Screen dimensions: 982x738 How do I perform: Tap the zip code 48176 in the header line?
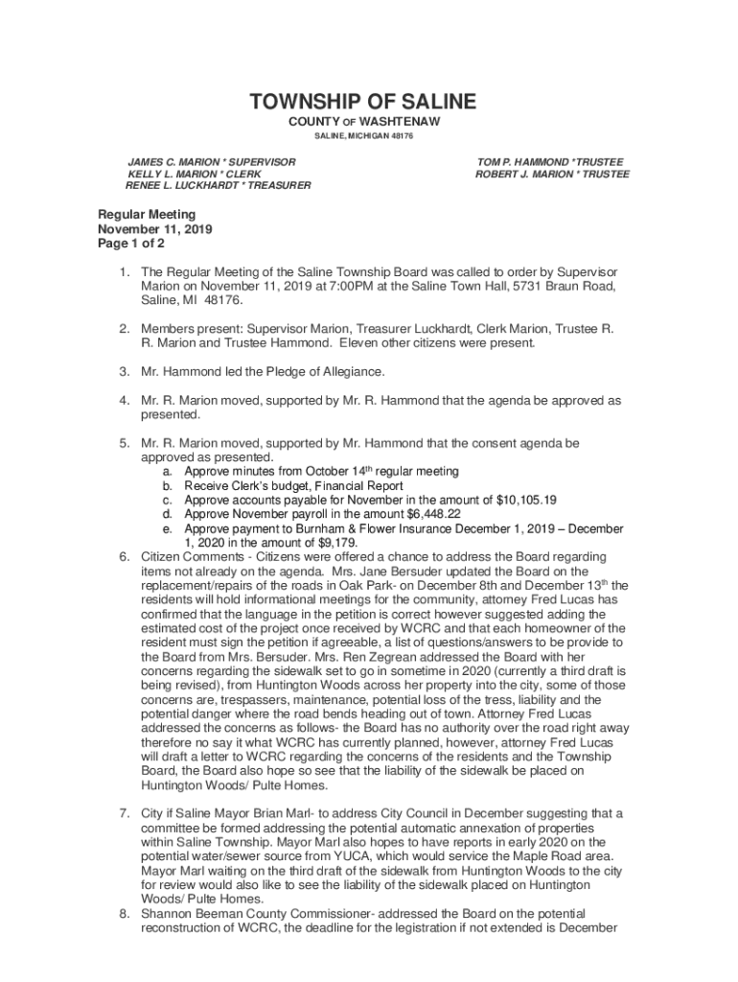400,136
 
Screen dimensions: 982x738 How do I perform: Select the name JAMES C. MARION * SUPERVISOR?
212,162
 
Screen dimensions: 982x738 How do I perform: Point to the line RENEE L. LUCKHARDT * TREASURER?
218,185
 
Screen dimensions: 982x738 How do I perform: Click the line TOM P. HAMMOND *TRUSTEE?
550,162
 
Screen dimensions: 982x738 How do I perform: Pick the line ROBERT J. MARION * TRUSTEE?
552,174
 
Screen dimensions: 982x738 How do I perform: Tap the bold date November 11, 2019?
155,229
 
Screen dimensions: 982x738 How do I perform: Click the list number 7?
125,813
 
